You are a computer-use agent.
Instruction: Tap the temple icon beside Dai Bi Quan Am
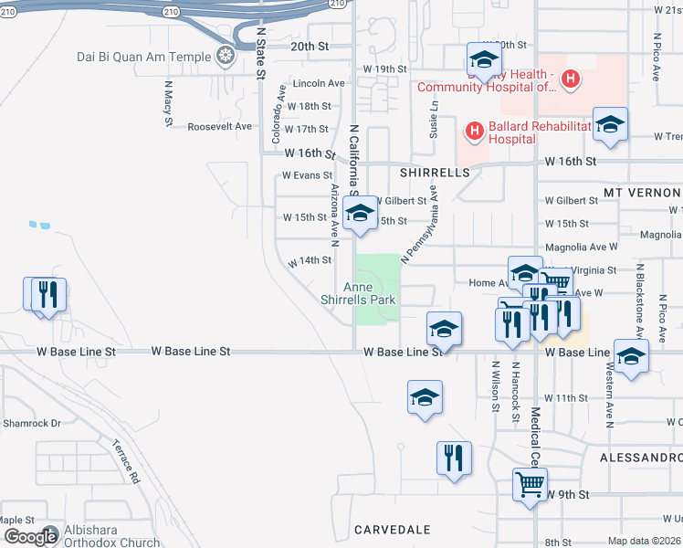(225, 57)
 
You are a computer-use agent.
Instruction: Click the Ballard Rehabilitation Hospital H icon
(474, 132)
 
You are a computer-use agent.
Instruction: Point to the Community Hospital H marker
(571, 80)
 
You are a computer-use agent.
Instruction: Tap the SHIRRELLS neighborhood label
(434, 172)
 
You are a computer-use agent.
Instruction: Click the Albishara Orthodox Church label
(113, 536)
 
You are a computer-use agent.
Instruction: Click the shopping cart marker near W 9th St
(530, 482)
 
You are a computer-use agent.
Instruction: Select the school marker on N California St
(361, 216)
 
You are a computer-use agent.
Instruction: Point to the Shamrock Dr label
(31, 423)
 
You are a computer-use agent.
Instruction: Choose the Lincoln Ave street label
(318, 83)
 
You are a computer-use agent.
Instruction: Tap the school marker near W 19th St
(484, 60)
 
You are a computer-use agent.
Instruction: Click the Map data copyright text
(645, 541)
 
